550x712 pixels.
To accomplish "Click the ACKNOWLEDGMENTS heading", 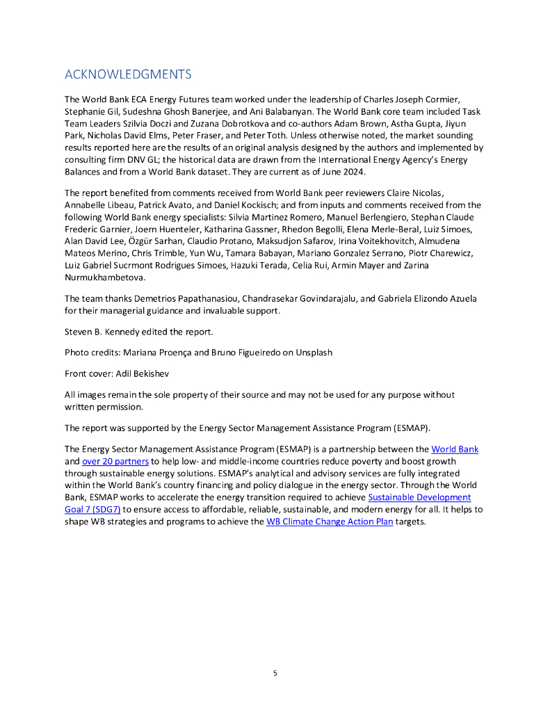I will (x=127, y=74).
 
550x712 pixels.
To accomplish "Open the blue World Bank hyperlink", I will (x=455, y=449).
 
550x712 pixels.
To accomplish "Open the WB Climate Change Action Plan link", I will (x=330, y=521).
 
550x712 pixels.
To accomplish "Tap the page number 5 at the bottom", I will (x=275, y=673).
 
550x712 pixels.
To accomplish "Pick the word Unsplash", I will (x=312, y=352).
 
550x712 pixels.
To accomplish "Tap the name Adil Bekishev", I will (x=148, y=373).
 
